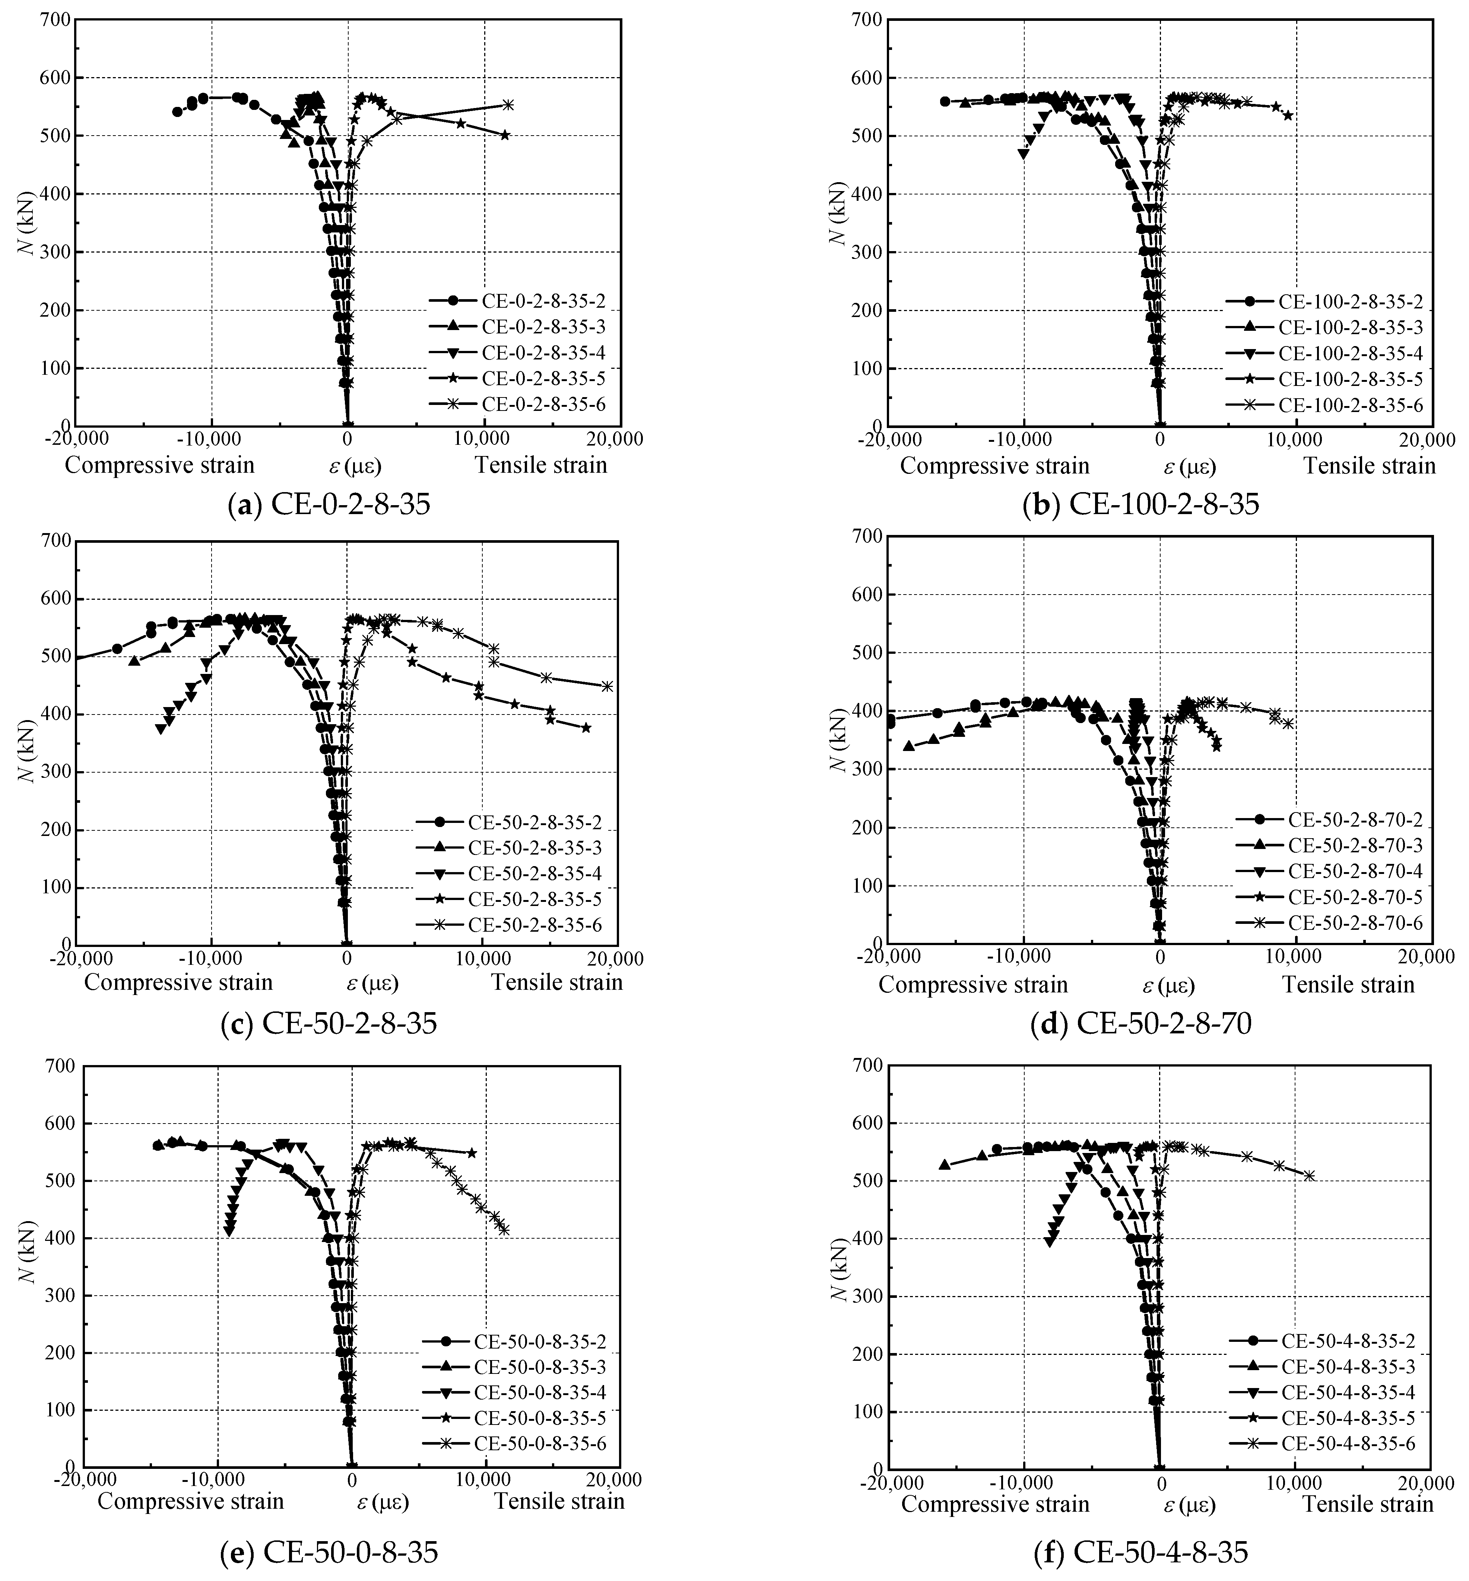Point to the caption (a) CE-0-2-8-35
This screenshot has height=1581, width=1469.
point(328,504)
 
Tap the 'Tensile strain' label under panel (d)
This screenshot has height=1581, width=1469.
point(1348,985)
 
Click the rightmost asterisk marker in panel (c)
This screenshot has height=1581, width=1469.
point(607,686)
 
